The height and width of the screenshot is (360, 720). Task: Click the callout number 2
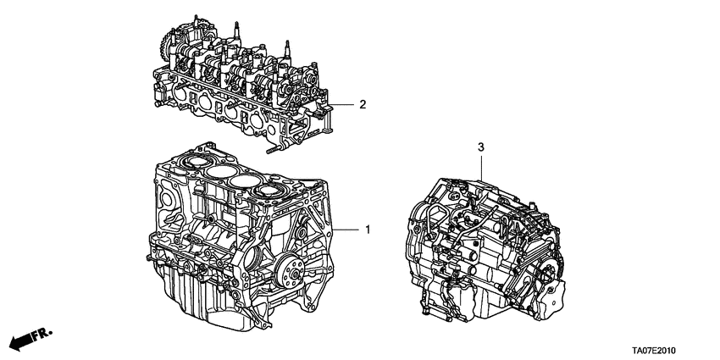click(x=362, y=105)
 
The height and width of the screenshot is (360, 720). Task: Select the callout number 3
click(x=480, y=148)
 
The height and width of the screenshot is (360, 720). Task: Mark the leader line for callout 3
click(x=480, y=165)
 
